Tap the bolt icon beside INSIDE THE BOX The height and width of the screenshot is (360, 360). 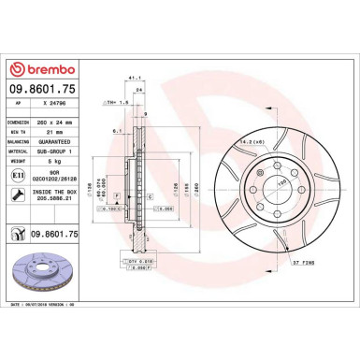tap(19, 194)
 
